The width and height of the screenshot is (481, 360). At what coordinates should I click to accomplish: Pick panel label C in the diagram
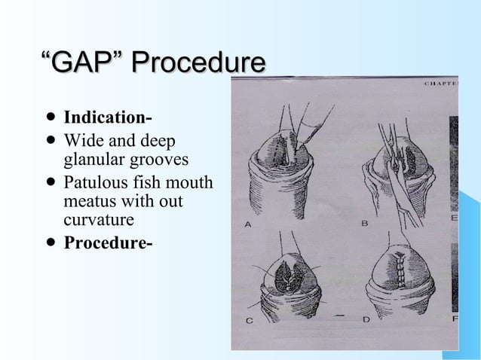click(x=250, y=320)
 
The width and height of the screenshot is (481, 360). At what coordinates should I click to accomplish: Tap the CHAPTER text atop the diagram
click(x=441, y=84)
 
